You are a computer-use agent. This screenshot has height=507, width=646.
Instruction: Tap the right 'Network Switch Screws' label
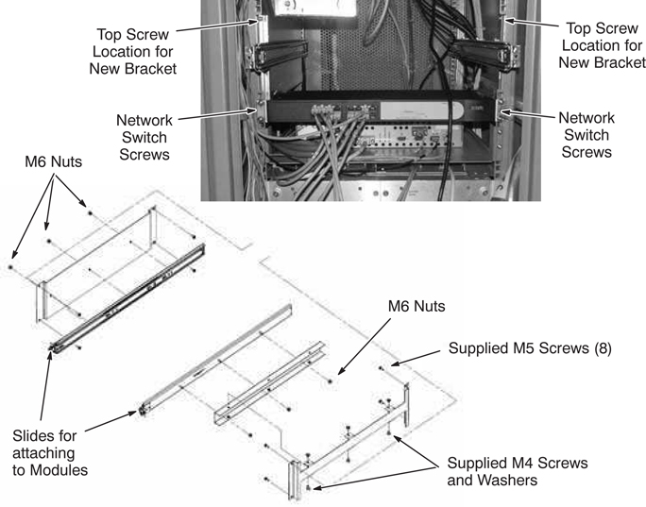(586, 134)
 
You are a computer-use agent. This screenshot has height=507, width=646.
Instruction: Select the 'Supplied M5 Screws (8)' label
(530, 348)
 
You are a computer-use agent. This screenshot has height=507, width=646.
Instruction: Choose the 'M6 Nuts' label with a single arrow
(416, 307)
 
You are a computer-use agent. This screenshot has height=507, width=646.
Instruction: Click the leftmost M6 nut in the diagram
(10, 267)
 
